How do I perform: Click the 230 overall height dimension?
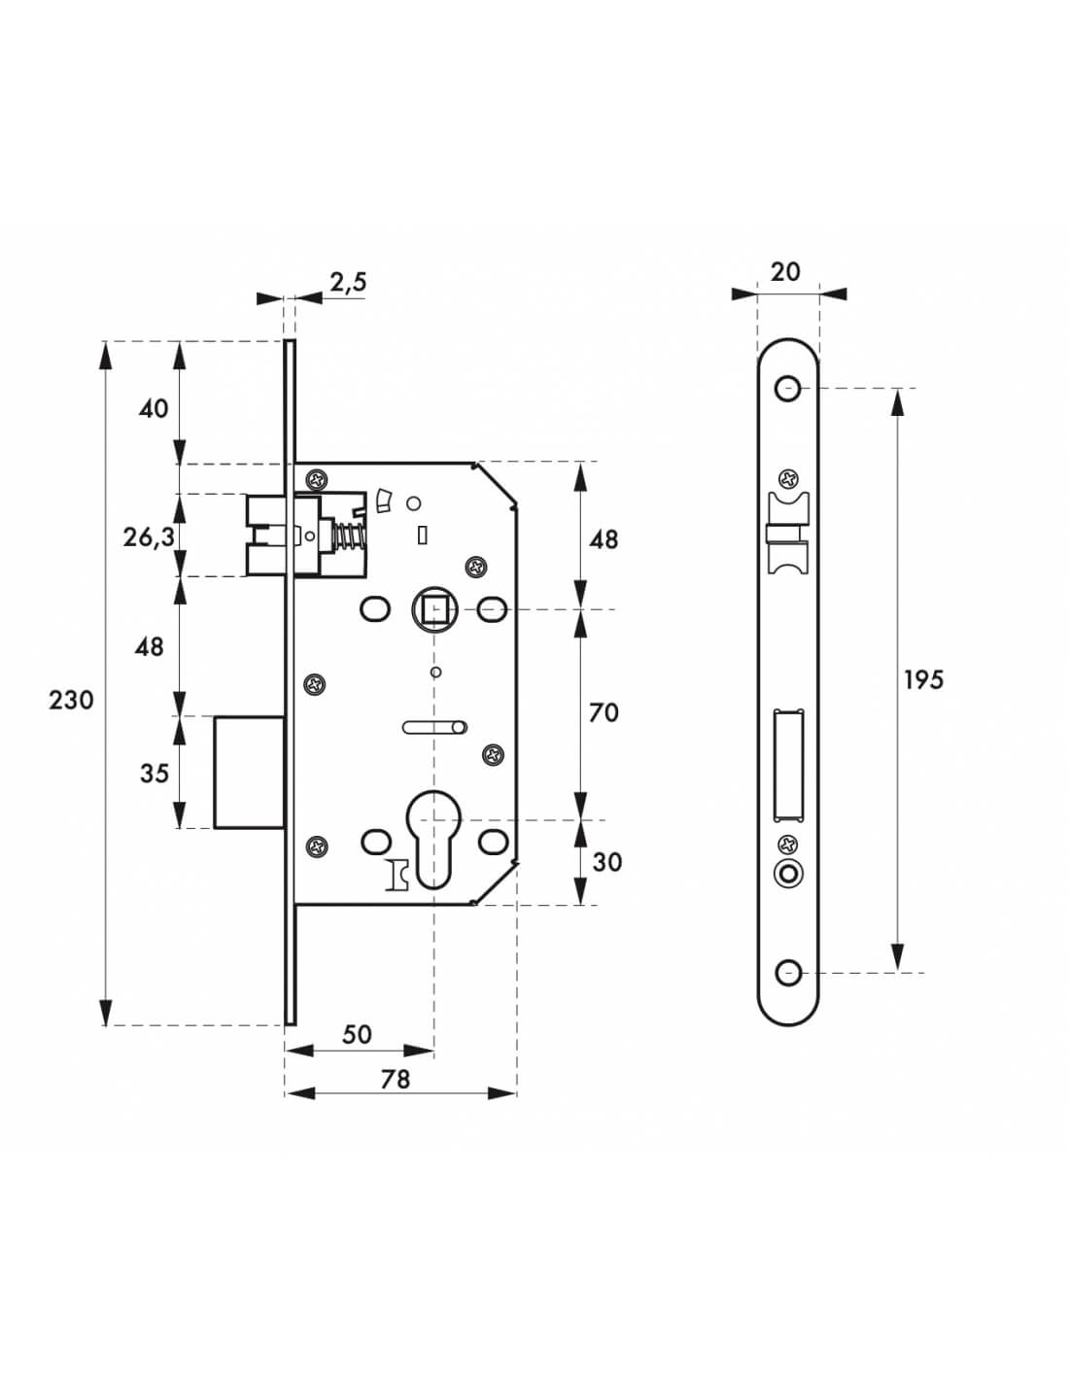coord(71,700)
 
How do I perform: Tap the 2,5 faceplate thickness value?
coord(348,283)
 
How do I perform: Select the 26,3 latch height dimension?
coord(149,536)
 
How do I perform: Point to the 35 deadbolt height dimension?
coord(154,774)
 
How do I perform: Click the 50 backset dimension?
coord(357,1034)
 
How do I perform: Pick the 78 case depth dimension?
coord(395,1079)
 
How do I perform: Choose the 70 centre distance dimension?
coord(603,712)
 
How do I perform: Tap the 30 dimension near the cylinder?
coord(606,861)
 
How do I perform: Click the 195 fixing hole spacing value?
coord(923,679)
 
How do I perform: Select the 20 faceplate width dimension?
coord(785,271)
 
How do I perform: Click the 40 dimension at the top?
coord(154,408)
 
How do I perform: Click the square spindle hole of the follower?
coord(434,610)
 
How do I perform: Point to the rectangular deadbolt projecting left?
coord(249,772)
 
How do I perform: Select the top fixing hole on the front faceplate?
coord(787,389)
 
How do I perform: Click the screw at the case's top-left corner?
coord(318,479)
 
